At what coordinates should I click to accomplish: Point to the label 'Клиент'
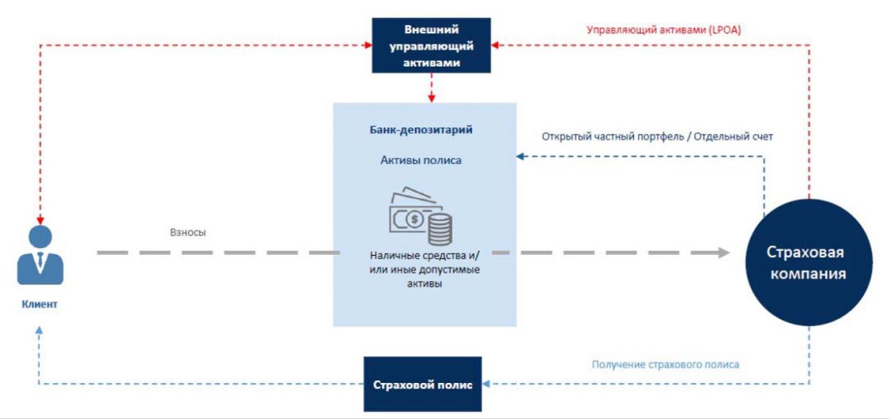(x=40, y=304)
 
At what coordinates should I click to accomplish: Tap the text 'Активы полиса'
(x=421, y=161)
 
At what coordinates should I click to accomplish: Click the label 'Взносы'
(x=188, y=232)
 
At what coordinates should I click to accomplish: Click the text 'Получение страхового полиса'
(x=665, y=364)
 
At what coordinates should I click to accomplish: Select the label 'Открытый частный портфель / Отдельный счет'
(x=657, y=136)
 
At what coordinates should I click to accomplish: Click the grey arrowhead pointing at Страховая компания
(x=724, y=253)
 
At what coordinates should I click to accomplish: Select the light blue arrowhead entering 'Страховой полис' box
(x=485, y=384)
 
